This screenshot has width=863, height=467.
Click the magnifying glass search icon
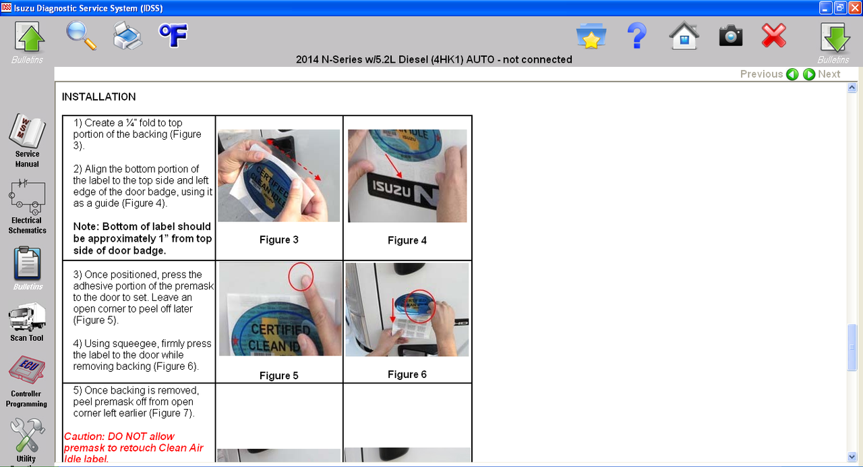tap(81, 35)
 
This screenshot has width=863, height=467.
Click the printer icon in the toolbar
tap(127, 36)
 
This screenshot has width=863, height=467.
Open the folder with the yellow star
tap(591, 36)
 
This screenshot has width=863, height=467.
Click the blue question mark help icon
tap(637, 36)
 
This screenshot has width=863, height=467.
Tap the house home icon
tap(684, 36)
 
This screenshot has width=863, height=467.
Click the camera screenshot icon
tap(730, 36)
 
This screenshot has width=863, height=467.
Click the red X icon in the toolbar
tap(773, 36)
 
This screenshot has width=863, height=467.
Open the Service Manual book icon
tap(27, 131)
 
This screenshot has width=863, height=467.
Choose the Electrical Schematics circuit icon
tap(27, 196)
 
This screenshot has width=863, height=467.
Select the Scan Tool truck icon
tap(27, 317)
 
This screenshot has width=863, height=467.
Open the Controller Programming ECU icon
tap(27, 370)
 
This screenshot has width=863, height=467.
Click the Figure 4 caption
tap(407, 240)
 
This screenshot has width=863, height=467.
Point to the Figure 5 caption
tap(278, 376)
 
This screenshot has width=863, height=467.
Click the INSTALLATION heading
tap(98, 97)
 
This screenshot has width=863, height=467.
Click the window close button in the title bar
tap(855, 7)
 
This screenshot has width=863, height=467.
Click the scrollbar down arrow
tap(852, 457)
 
